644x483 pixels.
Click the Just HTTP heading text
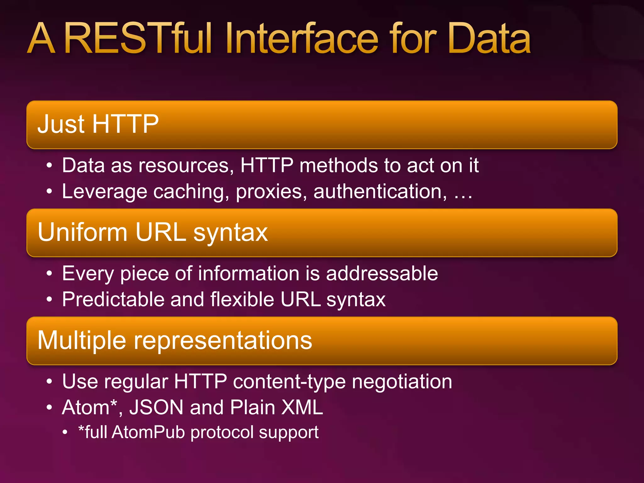tap(98, 124)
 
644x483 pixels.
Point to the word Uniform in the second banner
tap(82, 232)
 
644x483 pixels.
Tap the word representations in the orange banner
tap(223, 341)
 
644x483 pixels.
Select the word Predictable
tap(113, 299)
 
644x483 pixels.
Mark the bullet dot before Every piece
tap(49, 274)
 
